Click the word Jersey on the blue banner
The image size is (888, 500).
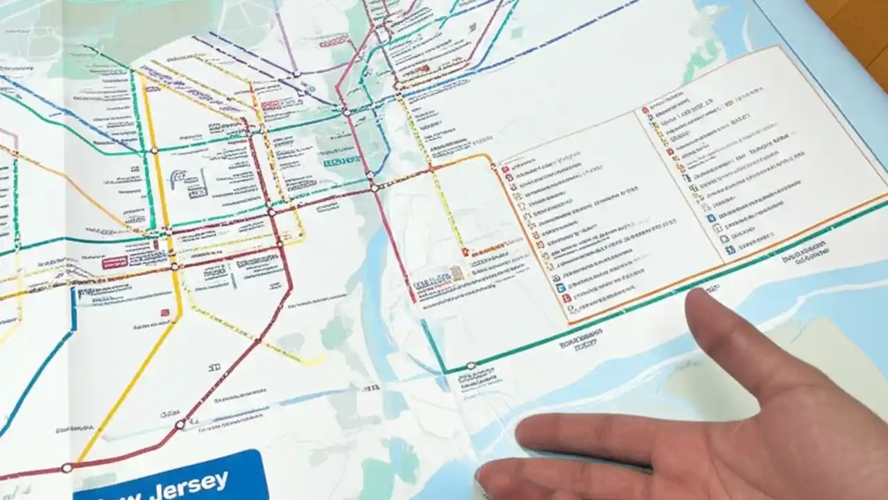[194, 481]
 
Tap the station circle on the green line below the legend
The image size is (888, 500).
[471, 365]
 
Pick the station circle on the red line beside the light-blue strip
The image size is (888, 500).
[180, 424]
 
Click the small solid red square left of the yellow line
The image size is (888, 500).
[165, 312]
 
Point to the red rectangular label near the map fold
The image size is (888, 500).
[114, 262]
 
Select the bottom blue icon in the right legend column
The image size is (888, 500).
[730, 249]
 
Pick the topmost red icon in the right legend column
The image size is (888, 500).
[645, 109]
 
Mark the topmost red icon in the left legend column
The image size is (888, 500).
[506, 169]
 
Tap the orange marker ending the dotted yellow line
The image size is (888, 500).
[466, 252]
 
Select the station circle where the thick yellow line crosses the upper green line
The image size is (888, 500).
[154, 149]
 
